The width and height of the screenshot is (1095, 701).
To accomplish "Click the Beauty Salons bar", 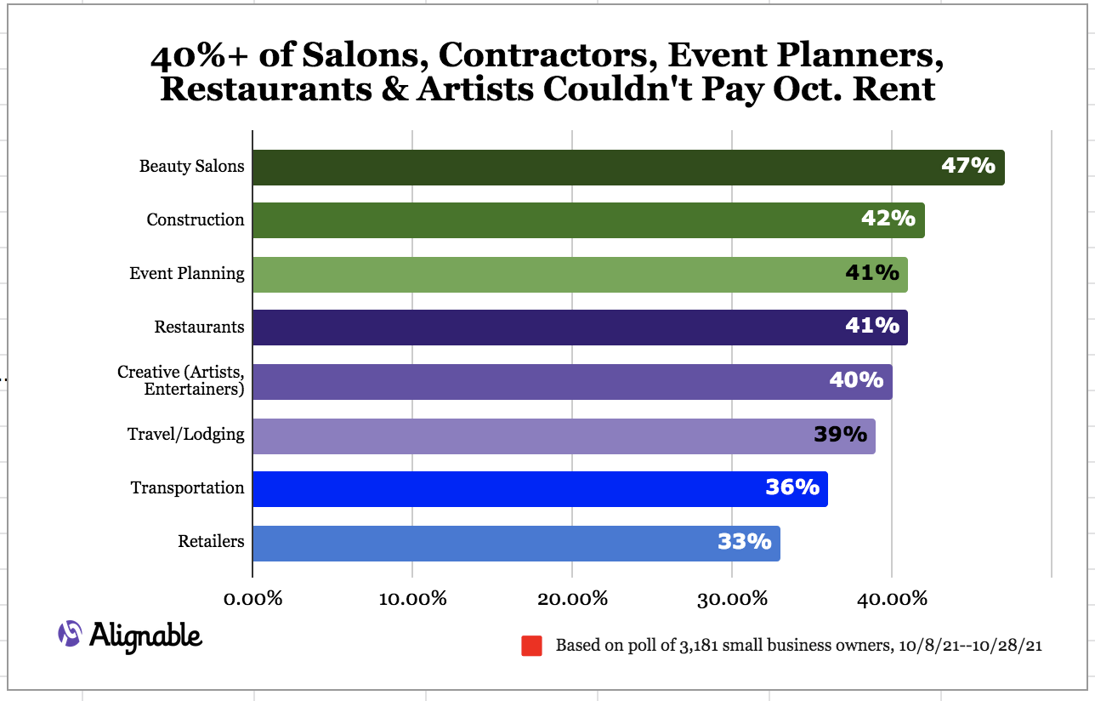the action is point(628,168).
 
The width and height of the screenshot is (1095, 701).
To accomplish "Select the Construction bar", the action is point(588,220).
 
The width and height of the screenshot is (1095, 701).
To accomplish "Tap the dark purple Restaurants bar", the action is point(581,328).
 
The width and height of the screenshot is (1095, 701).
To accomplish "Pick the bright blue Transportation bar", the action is point(540,489).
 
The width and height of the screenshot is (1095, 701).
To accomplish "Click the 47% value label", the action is point(967,165).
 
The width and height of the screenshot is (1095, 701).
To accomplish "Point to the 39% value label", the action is point(840,434).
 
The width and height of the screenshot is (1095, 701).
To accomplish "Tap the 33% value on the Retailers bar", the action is point(745,542).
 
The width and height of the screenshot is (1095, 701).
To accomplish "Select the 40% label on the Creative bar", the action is point(856,379).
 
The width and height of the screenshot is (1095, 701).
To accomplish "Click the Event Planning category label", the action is point(187,274).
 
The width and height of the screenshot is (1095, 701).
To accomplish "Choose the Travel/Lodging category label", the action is point(185,435).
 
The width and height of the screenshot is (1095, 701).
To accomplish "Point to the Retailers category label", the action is point(211,542).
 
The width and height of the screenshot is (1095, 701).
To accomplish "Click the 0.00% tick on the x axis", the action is point(252,599).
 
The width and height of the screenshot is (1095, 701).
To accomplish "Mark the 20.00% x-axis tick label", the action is point(572,599).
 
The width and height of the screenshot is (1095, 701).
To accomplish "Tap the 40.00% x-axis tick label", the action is point(892,599).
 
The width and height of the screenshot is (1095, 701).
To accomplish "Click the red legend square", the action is point(531,646).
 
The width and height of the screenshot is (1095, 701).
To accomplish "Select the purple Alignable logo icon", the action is point(70,634).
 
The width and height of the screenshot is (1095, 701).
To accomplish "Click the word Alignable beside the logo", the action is point(145,637).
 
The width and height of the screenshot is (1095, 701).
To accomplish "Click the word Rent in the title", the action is point(894,89).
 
